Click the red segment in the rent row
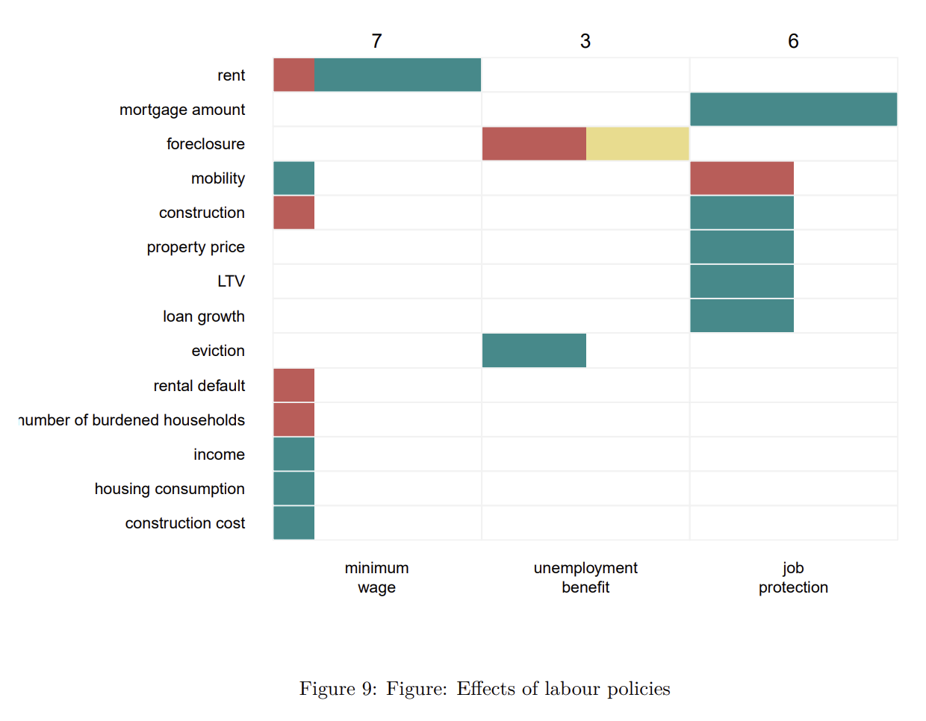coord(293,75)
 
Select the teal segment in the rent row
coord(397,75)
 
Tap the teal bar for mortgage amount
coord(793,109)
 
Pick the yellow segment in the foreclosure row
coord(637,143)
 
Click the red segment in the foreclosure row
coord(534,143)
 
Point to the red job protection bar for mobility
coord(742,178)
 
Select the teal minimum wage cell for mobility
coord(293,178)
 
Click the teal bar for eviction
coord(534,350)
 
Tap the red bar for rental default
coord(293,385)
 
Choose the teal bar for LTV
coord(742,281)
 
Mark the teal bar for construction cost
coord(293,522)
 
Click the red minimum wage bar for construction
coord(293,212)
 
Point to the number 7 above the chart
coord(376,41)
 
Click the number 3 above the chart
coord(585,41)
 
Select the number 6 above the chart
coord(793,41)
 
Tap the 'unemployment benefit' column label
coord(585,578)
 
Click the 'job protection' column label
coord(793,578)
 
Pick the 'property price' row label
coord(196,247)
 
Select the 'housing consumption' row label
coord(170,489)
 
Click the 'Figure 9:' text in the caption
coord(338,688)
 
